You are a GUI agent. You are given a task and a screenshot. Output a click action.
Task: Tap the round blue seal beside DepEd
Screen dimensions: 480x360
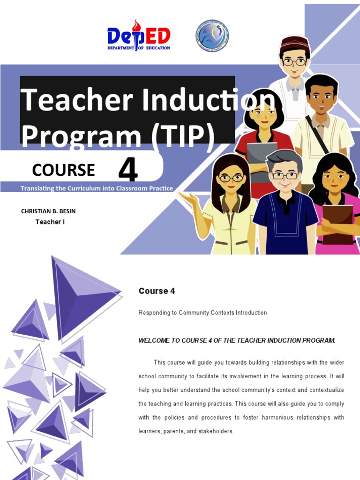pos(212,36)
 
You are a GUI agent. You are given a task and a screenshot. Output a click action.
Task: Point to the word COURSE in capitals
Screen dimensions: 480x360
pos(64,170)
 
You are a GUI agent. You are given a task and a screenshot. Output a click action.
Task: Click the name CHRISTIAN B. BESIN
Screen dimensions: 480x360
pos(48,211)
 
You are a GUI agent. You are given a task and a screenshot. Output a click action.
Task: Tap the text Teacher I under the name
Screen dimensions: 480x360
pos(50,222)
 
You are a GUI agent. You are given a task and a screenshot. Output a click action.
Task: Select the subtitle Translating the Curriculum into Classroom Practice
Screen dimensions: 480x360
pos(97,188)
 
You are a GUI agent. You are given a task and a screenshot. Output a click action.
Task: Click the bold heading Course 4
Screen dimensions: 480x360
pos(157,291)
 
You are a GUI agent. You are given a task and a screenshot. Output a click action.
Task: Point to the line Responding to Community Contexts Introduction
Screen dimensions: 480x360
pos(202,313)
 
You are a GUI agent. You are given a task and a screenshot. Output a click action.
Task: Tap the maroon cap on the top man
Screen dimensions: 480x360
pos(294,44)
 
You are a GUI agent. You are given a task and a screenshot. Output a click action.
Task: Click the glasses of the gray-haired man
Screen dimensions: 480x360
pos(285,176)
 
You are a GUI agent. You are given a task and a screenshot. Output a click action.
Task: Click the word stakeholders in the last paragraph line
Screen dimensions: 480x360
pos(213,431)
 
